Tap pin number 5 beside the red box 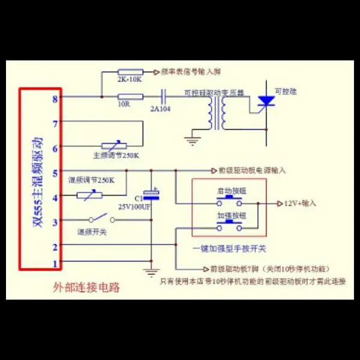tap(56, 172)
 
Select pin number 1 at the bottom tap(56, 263)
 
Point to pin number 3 tap(56, 221)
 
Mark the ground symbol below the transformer tap(192, 142)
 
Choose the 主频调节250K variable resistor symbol tap(115, 146)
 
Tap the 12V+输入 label tap(299, 204)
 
